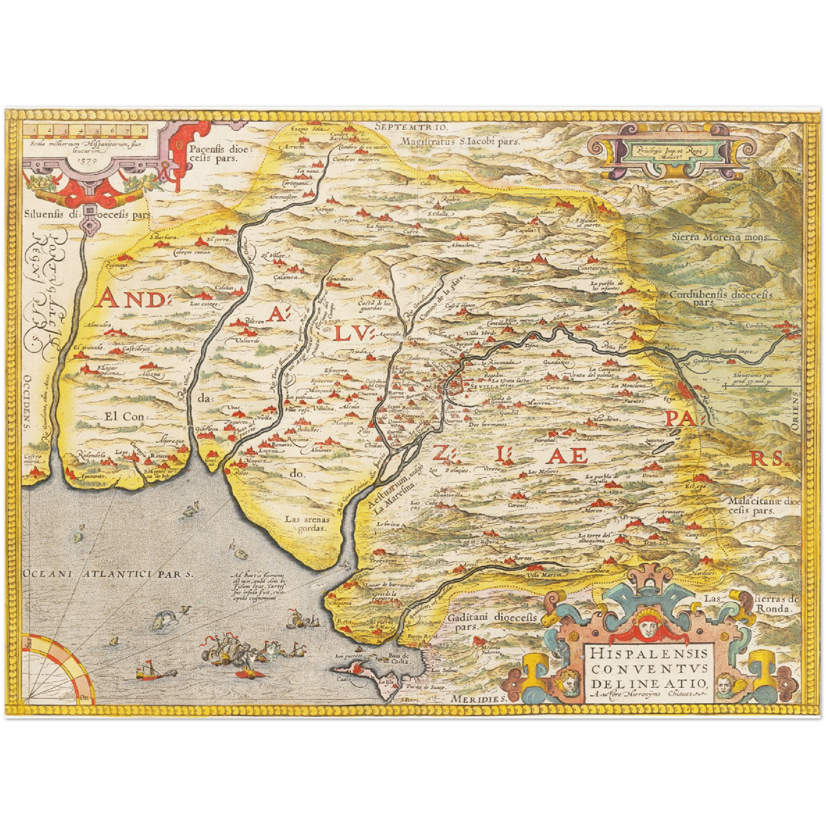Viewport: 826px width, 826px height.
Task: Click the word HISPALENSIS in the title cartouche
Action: (x=649, y=653)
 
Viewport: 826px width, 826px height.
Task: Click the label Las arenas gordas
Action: (x=307, y=524)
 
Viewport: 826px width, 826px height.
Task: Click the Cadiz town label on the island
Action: (x=344, y=679)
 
